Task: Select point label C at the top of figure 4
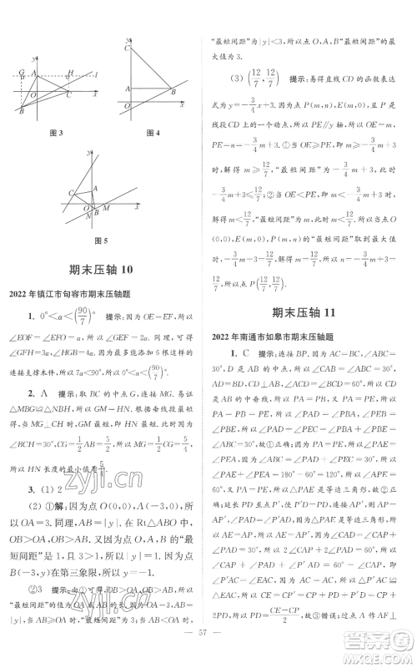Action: click(128, 49)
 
